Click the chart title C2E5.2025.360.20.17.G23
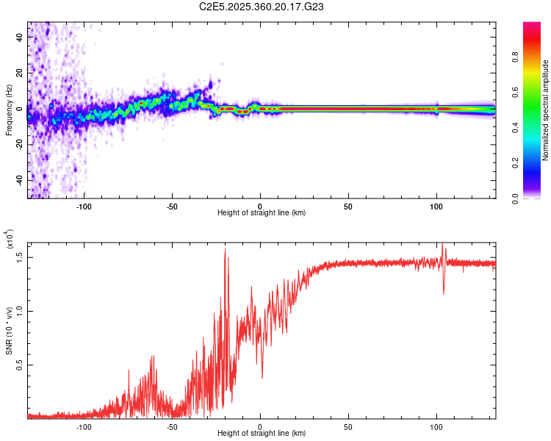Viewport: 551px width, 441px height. (262, 7)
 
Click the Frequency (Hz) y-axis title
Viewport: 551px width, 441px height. (9, 110)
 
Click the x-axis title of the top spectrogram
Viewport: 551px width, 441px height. (262, 213)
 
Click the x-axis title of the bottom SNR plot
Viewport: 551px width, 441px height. (262, 434)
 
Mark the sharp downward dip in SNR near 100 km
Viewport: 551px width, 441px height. (443, 293)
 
